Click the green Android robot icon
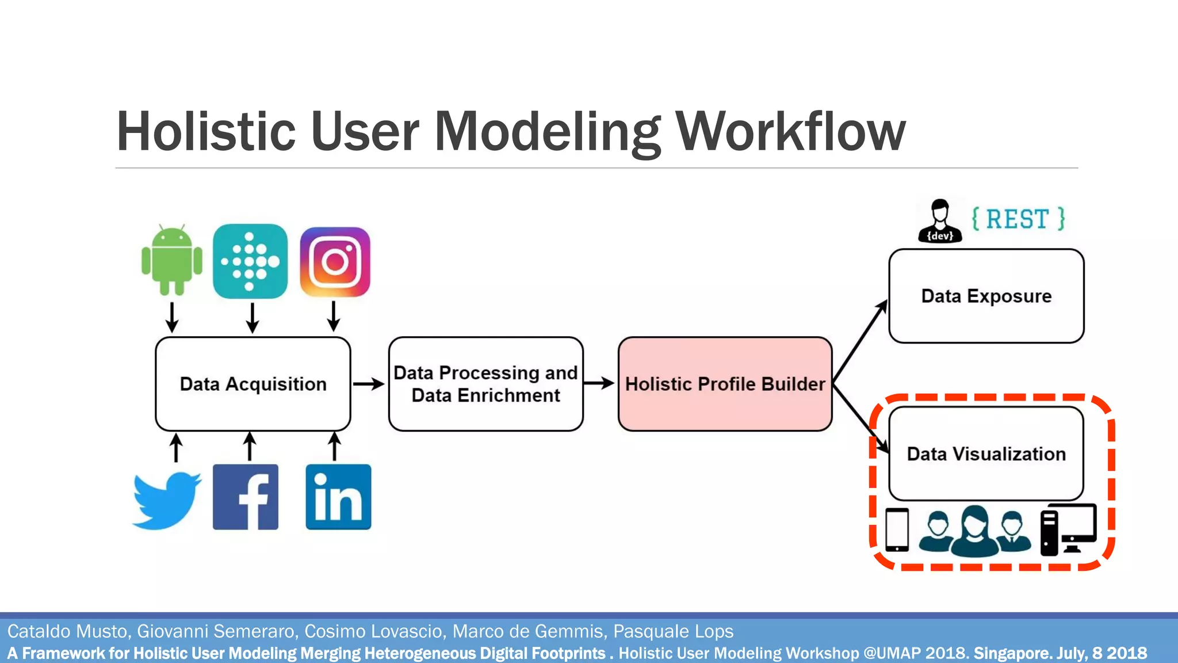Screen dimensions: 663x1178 (171, 260)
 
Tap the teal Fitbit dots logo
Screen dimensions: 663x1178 (250, 261)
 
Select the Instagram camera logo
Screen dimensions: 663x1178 (335, 262)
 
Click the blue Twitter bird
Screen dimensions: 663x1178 (167, 499)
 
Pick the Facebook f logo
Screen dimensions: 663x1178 (246, 497)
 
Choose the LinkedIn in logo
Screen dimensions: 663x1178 (338, 497)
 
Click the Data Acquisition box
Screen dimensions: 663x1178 (253, 384)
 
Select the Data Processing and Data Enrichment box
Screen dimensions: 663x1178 (485, 384)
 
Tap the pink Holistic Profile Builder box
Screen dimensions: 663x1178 (725, 384)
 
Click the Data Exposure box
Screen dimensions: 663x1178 (986, 296)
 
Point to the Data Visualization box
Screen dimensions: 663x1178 (986, 454)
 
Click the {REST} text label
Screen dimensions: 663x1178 (1018, 219)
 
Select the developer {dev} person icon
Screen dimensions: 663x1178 (940, 222)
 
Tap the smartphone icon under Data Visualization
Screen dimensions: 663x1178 (897, 529)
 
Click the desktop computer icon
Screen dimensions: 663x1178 (1069, 528)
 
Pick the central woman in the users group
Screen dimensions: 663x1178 (974, 531)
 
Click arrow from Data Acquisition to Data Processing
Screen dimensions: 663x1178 (369, 384)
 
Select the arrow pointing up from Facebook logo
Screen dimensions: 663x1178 (250, 447)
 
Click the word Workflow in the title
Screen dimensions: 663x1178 (790, 132)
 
